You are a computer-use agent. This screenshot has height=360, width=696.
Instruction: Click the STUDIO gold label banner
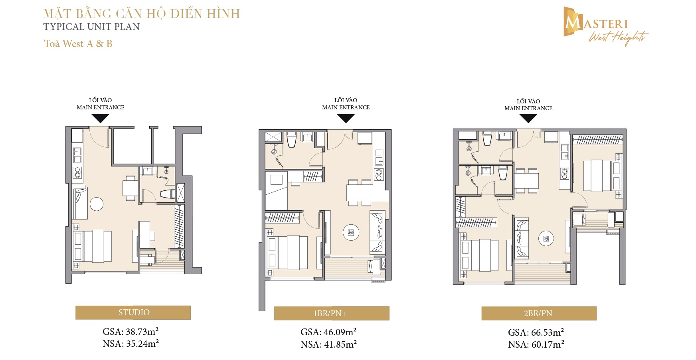pyautogui.click(x=133, y=313)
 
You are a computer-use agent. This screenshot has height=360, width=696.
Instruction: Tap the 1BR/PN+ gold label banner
pyautogui.click(x=332, y=313)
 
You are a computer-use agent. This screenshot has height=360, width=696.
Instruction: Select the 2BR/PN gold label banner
pyautogui.click(x=539, y=313)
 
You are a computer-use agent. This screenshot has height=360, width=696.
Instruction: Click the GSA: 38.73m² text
pyautogui.click(x=131, y=332)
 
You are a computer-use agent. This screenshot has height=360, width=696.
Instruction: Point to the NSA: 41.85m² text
pyautogui.click(x=329, y=344)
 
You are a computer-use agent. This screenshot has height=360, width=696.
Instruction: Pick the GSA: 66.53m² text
pyautogui.click(x=536, y=332)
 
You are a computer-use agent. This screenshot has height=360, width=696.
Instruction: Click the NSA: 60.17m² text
pyautogui.click(x=536, y=344)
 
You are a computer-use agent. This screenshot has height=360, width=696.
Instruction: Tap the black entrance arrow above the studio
pyautogui.click(x=100, y=118)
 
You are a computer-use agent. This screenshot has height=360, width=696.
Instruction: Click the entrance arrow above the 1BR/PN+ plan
pyautogui.click(x=346, y=118)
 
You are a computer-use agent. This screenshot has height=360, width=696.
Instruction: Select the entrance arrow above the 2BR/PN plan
pyautogui.click(x=528, y=118)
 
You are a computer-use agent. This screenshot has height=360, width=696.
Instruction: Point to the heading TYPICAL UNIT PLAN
pyautogui.click(x=91, y=27)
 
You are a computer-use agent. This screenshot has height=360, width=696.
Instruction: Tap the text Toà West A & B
pyautogui.click(x=78, y=44)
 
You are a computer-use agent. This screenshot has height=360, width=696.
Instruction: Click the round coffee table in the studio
pyautogui.click(x=97, y=204)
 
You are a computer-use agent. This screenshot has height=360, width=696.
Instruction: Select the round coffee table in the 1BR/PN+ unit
pyautogui.click(x=351, y=233)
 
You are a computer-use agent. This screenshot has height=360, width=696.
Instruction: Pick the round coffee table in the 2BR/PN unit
pyautogui.click(x=546, y=239)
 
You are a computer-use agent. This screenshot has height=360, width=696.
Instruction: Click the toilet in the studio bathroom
pyautogui.click(x=167, y=194)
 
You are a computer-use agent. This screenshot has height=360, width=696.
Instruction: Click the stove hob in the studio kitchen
pyautogui.click(x=77, y=173)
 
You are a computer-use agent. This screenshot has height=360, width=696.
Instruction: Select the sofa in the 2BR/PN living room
pyautogui.click(x=521, y=238)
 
